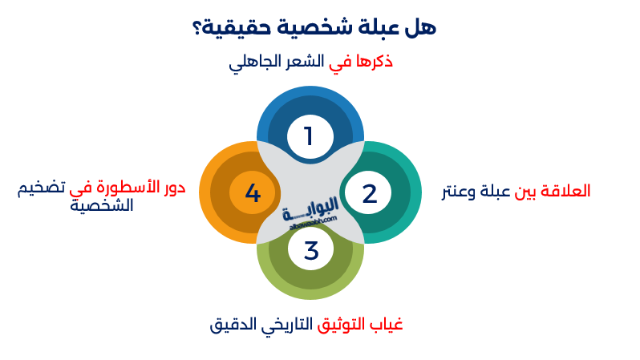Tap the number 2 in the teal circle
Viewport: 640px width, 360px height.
(x=369, y=193)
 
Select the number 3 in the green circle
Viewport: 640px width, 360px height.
(x=311, y=251)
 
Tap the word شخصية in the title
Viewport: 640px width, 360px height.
(x=308, y=26)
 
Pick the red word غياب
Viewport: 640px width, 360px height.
(x=385, y=324)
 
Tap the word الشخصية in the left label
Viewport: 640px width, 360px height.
(x=101, y=206)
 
